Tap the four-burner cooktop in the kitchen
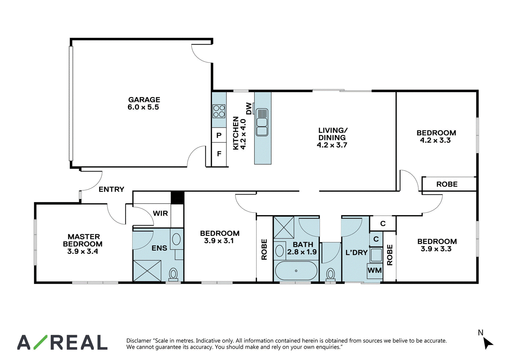[219, 111]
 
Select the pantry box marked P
[219, 135]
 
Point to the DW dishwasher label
[249, 108]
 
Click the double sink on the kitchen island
[262, 122]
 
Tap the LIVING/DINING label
[332, 138]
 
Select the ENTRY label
[111, 189]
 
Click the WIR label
[160, 213]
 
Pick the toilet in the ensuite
[173, 274]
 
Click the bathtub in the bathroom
[296, 271]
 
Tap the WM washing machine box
[375, 271]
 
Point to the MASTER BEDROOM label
[83, 244]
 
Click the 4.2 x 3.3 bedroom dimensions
[435, 140]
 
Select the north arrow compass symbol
[488, 343]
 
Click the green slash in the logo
[40, 342]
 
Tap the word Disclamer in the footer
[139, 340]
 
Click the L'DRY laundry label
[356, 253]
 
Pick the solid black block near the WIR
[178, 197]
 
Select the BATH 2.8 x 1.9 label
[302, 248]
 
